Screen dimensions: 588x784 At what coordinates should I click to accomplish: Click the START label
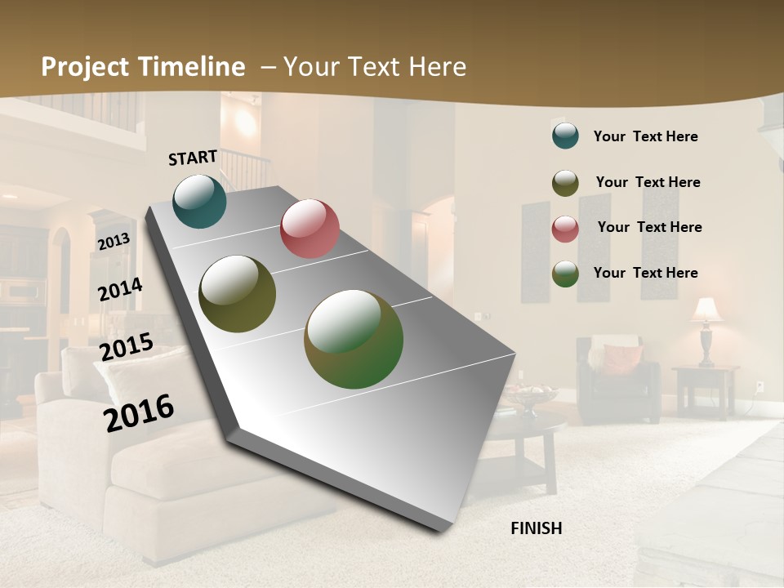(193, 157)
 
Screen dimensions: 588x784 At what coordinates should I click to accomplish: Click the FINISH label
(536, 528)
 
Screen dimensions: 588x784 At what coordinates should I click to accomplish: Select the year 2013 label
(114, 242)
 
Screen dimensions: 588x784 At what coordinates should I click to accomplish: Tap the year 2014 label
(120, 290)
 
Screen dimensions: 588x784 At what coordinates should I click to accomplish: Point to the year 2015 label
(127, 347)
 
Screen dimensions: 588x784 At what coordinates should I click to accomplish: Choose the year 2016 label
(139, 412)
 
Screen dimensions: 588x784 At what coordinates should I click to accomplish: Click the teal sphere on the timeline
(199, 201)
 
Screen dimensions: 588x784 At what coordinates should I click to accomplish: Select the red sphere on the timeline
(310, 229)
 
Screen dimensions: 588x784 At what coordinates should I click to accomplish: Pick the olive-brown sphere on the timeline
(237, 294)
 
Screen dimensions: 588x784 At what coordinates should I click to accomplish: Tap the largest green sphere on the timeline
(354, 339)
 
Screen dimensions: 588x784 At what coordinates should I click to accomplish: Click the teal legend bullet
(565, 136)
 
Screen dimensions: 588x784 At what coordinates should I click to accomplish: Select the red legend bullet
(565, 228)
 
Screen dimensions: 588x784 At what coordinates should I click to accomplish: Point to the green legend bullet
(565, 274)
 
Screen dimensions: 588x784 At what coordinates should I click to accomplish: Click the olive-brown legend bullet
(565, 183)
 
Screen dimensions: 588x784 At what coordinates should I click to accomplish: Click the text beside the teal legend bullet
(645, 136)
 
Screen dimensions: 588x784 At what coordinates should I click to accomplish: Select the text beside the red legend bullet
(649, 227)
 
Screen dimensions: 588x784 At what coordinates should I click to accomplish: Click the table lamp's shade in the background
(707, 310)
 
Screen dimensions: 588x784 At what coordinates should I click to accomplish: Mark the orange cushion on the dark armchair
(622, 359)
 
